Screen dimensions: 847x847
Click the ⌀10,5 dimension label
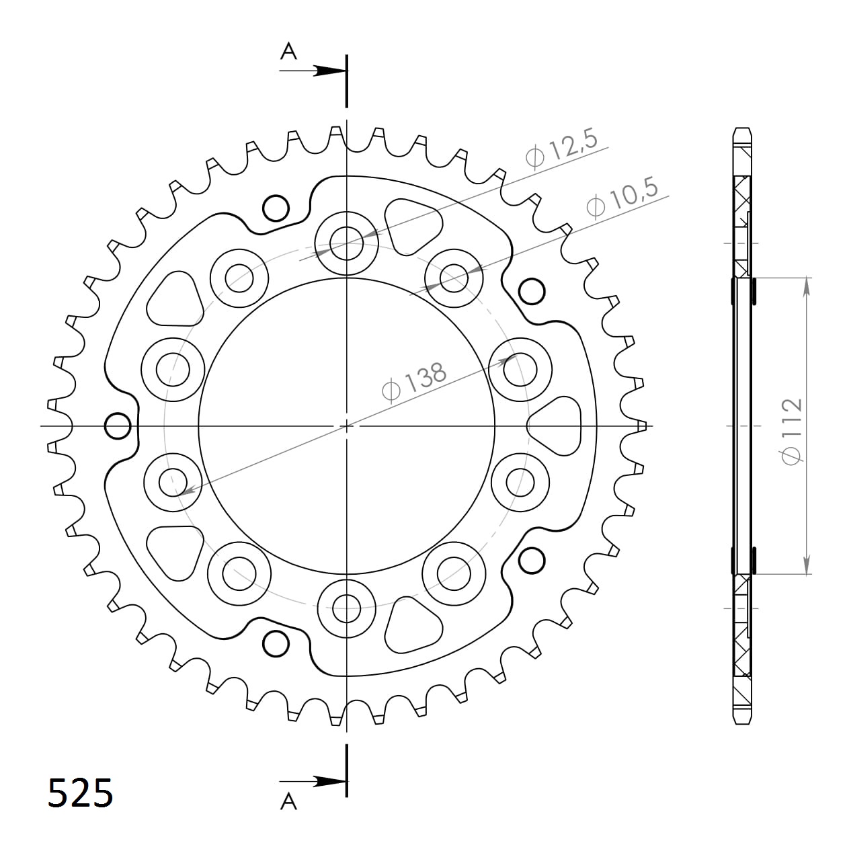click(x=622, y=198)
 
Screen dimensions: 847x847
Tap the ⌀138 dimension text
click(x=413, y=382)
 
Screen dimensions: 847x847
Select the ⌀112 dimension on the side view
click(x=791, y=430)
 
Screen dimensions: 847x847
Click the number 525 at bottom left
click(x=81, y=793)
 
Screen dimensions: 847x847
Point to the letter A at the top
click(x=288, y=51)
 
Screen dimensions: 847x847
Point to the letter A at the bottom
click(x=288, y=801)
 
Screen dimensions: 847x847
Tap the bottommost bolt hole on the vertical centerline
click(x=347, y=610)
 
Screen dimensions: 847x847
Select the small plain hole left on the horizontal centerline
click(x=118, y=425)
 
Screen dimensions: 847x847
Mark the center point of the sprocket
click(x=346, y=426)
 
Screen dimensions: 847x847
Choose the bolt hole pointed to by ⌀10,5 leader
click(x=454, y=277)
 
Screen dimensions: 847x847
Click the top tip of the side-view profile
click(x=741, y=129)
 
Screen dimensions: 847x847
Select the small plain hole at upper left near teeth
click(x=274, y=208)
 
